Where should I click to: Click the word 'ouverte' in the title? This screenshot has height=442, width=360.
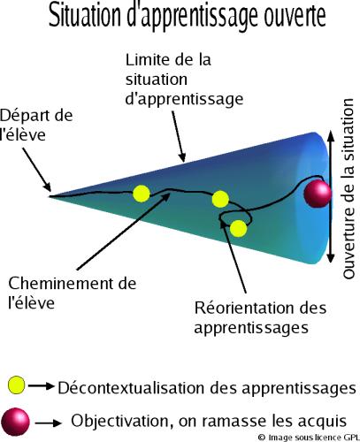tap(295, 16)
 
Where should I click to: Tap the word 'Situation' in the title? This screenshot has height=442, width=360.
tap(86, 16)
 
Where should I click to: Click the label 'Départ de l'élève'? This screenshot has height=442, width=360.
tap(36, 126)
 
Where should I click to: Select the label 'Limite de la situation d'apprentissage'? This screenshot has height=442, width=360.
tap(184, 80)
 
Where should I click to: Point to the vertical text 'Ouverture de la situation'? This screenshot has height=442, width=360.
tap(349, 188)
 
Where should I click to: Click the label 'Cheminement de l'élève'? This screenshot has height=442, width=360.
tap(73, 293)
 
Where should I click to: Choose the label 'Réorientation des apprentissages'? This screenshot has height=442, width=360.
tap(260, 317)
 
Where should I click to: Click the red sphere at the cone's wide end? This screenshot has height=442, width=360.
tap(318, 194)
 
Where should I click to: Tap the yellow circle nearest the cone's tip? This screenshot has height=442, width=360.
tap(142, 194)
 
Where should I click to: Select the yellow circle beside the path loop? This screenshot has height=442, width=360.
tap(238, 228)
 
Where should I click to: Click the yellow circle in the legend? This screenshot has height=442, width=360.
tap(17, 385)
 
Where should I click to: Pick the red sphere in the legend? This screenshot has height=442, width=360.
tap(15, 422)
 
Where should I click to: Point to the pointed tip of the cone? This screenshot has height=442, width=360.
tap(50, 196)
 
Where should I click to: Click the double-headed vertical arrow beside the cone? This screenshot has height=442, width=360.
tap(331, 196)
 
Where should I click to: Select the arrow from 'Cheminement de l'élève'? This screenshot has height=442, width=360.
tap(124, 231)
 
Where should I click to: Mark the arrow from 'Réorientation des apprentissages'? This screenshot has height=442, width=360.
tap(233, 256)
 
